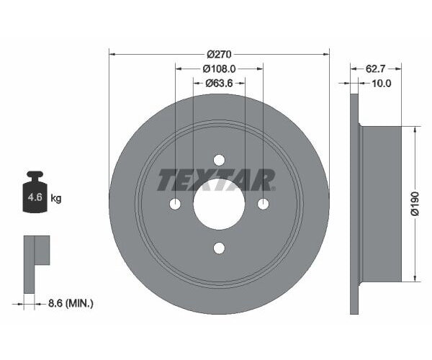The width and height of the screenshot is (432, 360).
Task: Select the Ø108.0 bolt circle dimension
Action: click(x=219, y=68)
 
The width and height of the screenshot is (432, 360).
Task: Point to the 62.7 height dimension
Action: click(x=375, y=68)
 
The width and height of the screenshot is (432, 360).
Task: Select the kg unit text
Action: click(x=56, y=198)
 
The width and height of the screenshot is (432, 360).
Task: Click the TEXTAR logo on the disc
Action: click(x=216, y=180)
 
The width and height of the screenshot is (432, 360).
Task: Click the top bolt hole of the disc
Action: click(x=220, y=161)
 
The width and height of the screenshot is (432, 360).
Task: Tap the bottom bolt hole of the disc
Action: click(x=220, y=248)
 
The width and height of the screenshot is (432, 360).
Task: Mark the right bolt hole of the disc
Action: click(x=264, y=204)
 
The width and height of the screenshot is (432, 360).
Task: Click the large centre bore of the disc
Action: click(x=220, y=204)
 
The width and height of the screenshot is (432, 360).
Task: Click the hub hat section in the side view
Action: click(x=382, y=204)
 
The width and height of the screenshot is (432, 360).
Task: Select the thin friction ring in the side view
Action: click(x=354, y=204)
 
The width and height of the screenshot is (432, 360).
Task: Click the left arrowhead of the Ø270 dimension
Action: click(x=112, y=53)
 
